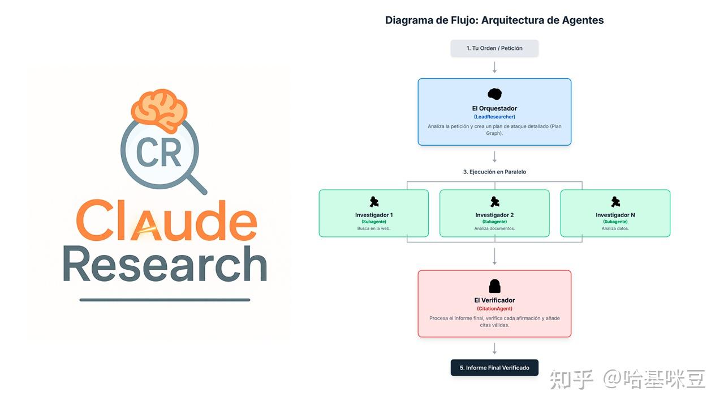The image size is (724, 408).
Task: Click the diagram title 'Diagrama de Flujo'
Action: [430, 20]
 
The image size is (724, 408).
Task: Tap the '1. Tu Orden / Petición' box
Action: [494, 48]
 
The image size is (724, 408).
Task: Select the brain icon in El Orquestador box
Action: [494, 94]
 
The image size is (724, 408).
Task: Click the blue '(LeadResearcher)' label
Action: [494, 117]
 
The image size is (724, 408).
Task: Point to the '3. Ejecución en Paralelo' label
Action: [494, 172]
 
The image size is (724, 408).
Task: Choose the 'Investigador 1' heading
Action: [374, 215]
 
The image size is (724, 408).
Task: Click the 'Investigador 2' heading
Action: [494, 215]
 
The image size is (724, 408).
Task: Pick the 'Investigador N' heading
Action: [615, 215]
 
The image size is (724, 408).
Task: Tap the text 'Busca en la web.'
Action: [374, 228]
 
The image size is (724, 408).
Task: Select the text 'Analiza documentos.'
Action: [494, 228]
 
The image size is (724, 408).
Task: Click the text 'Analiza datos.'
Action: [615, 228]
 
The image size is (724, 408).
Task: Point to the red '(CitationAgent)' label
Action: [494, 309]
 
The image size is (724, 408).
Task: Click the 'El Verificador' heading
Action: [494, 300]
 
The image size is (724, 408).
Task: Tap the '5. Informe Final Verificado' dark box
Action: [494, 368]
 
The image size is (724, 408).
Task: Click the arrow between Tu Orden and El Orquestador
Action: [494, 67]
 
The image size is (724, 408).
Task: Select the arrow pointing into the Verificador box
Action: [494, 257]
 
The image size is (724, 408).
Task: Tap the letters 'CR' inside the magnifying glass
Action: [159, 152]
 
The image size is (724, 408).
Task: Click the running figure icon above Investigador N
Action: [615, 202]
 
